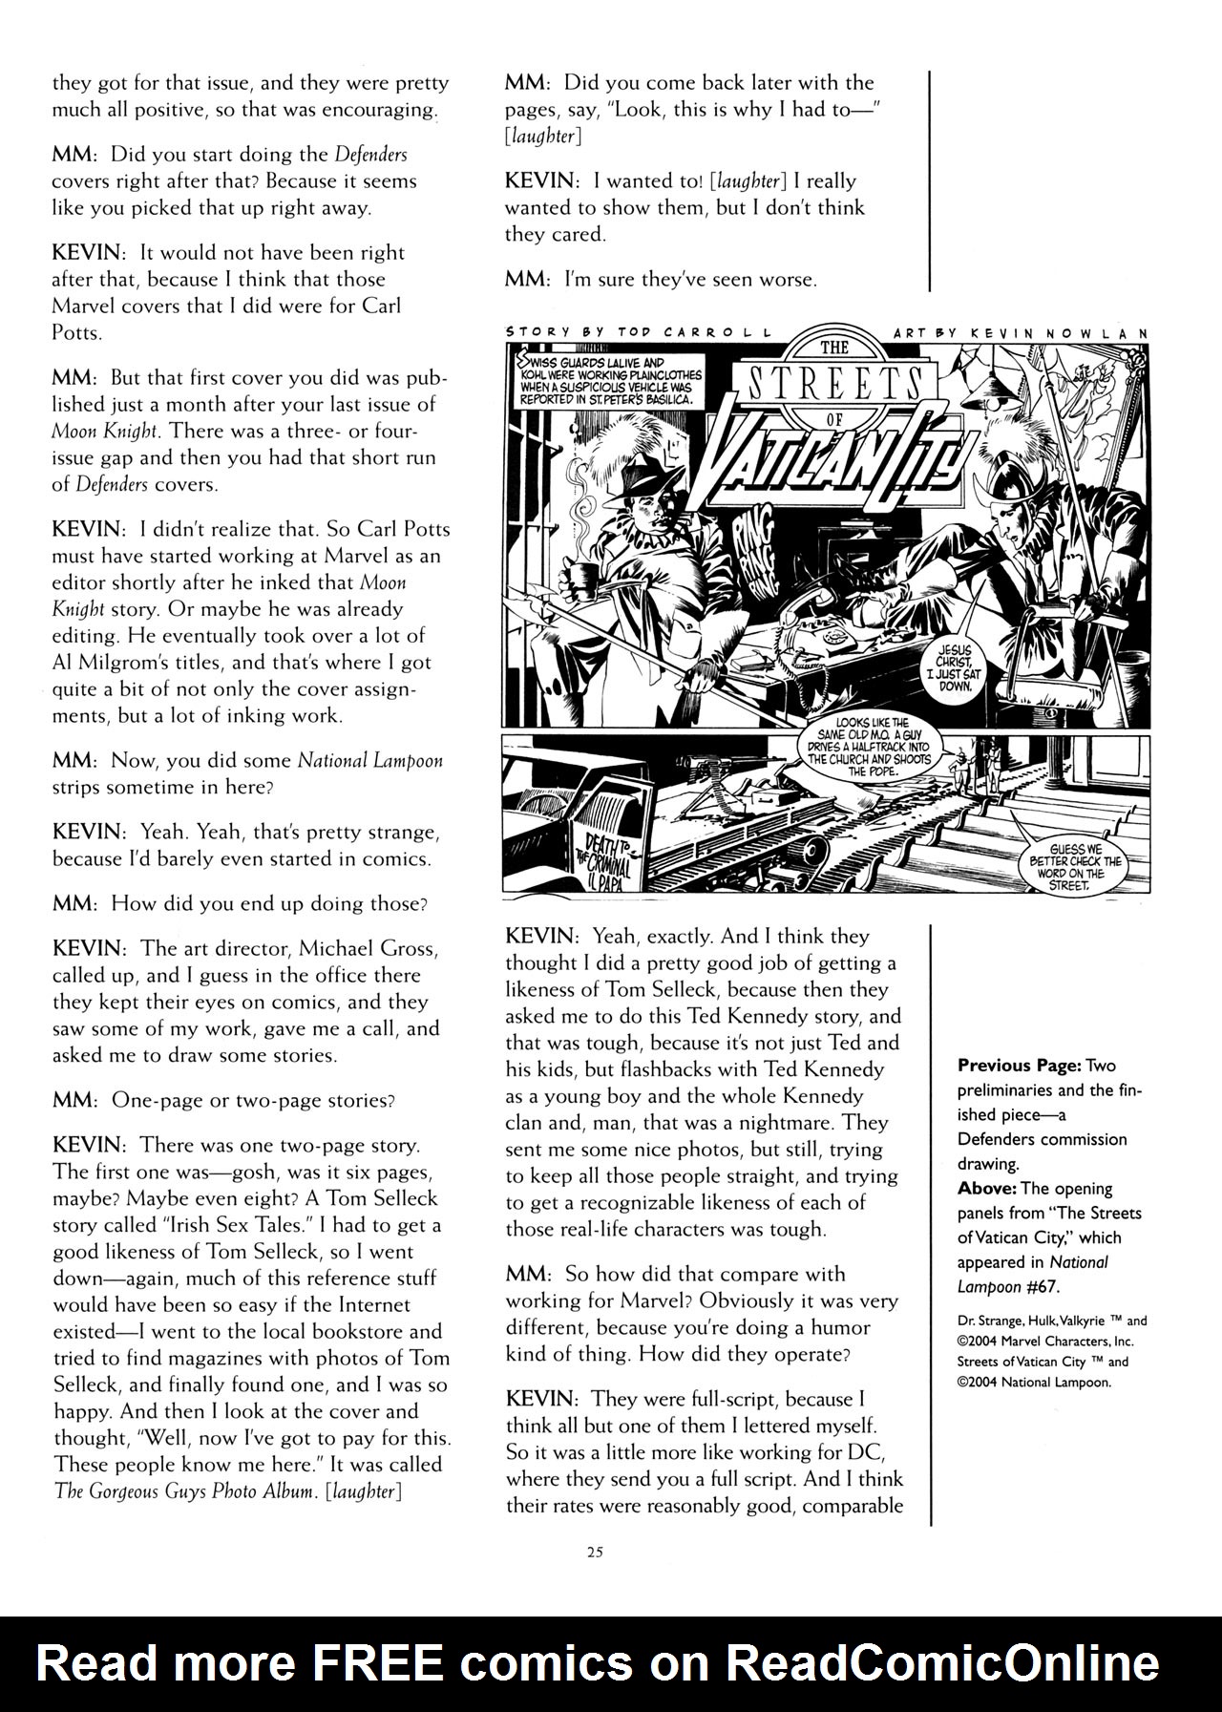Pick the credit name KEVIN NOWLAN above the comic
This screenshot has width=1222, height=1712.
coord(1050,331)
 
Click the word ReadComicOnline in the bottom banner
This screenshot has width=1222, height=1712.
coord(943,1663)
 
